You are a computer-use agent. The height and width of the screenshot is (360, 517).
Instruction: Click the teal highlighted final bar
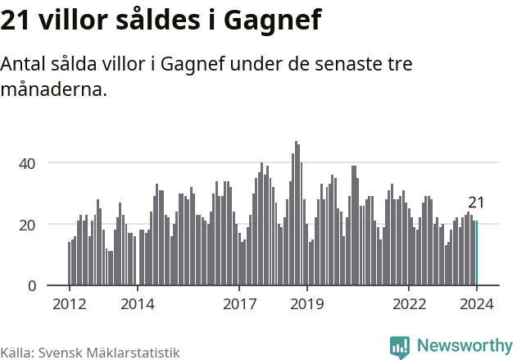click(477, 253)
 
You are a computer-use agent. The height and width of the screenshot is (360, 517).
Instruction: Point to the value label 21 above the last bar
click(477, 203)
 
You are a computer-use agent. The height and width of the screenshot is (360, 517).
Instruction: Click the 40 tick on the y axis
click(28, 163)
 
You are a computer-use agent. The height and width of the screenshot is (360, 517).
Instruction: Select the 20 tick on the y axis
click(28, 225)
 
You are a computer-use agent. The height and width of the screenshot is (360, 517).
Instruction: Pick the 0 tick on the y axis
click(31, 285)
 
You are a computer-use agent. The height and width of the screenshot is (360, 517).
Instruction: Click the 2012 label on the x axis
click(69, 304)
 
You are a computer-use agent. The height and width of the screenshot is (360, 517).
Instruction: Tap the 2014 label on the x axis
click(137, 304)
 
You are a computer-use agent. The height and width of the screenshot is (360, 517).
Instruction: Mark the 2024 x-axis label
click(477, 304)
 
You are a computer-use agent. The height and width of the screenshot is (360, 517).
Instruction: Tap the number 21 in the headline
click(16, 19)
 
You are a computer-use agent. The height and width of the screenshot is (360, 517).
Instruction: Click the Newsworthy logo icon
click(400, 347)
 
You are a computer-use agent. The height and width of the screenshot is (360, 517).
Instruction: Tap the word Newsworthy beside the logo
click(465, 346)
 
